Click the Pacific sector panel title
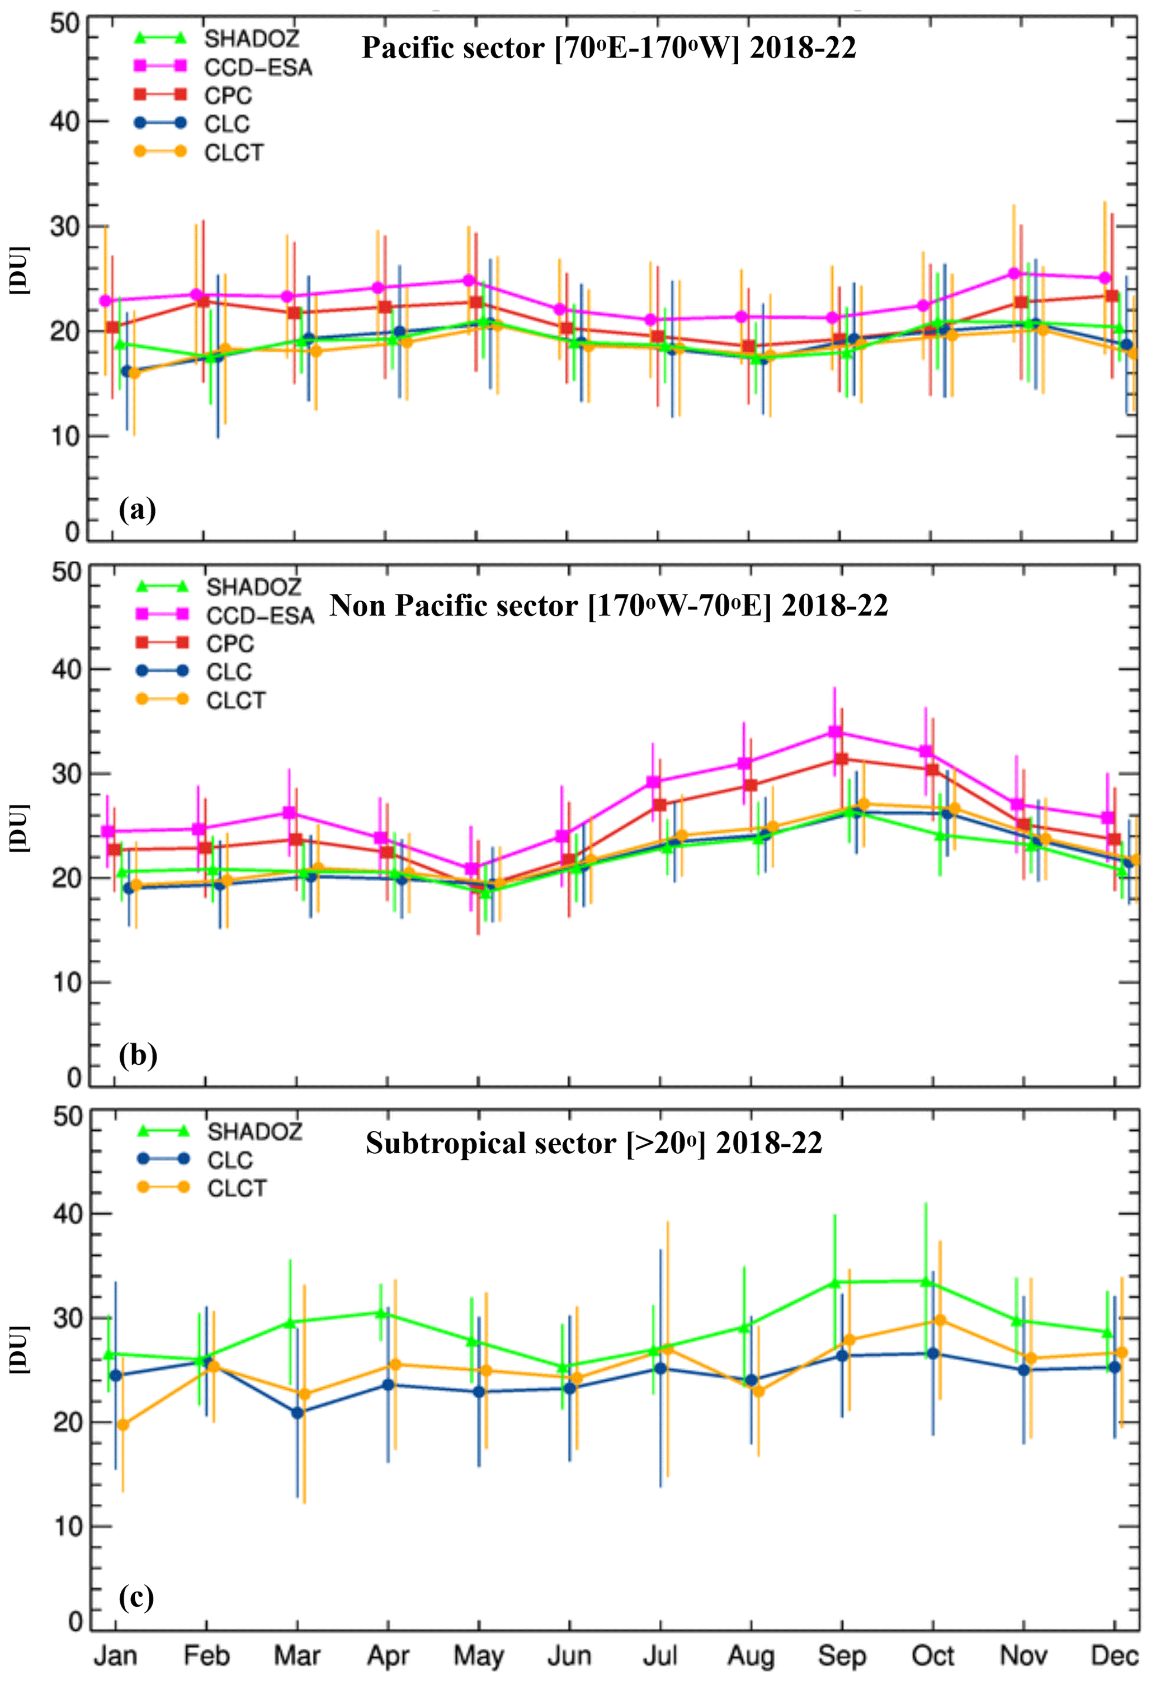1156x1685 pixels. (x=608, y=49)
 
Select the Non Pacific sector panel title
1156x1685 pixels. (x=608, y=606)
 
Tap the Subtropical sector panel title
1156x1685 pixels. (x=594, y=1144)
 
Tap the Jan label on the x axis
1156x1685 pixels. (x=115, y=1655)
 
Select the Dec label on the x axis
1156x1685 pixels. (x=1114, y=1655)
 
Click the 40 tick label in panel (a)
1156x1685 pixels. (x=64, y=121)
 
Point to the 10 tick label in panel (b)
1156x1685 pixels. (x=66, y=983)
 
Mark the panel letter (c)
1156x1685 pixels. (x=136, y=1597)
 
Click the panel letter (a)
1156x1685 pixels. (x=137, y=509)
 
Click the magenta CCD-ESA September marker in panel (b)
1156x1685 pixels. (x=836, y=732)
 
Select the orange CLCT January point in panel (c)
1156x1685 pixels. (x=123, y=1425)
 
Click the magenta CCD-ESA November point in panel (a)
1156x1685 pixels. (x=1014, y=273)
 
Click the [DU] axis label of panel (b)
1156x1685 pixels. (x=20, y=827)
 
